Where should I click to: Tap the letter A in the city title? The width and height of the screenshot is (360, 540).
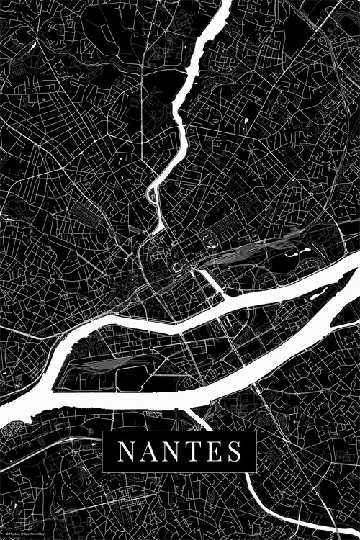(x=146, y=451)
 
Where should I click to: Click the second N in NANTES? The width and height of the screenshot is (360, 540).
(x=169, y=451)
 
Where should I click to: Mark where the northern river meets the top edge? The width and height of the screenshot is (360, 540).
(x=224, y=3)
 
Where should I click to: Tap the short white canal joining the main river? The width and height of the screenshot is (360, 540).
(x=213, y=284)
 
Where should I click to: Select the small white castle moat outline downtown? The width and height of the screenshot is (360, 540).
(x=178, y=271)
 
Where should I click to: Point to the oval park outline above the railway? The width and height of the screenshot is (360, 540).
(x=211, y=241)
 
